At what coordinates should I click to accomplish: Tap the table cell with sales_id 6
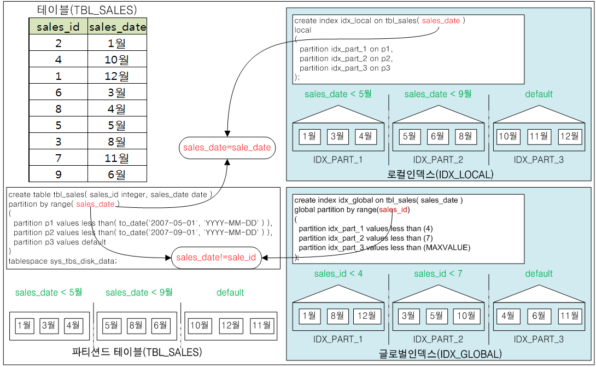click(x=58, y=92)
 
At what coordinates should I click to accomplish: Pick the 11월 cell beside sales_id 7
click(x=117, y=158)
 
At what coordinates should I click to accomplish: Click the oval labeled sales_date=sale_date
click(x=227, y=148)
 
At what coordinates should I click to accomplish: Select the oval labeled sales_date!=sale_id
click(x=216, y=258)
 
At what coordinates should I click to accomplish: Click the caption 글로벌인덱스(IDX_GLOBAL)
click(x=440, y=354)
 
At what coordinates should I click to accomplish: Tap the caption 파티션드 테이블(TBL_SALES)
click(x=137, y=352)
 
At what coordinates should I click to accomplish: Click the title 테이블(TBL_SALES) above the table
click(x=87, y=10)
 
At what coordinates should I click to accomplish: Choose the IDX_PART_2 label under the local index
click(x=438, y=160)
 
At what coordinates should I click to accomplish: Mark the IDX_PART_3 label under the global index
click(x=539, y=339)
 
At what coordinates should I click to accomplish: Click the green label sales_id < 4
click(x=338, y=273)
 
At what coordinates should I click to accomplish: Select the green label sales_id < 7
click(x=438, y=273)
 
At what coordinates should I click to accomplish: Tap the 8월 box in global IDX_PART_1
click(x=337, y=316)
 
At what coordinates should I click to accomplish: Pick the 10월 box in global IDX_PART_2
click(x=465, y=316)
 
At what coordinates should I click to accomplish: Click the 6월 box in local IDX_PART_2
click(x=437, y=136)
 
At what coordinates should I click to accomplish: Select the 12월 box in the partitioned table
click(x=230, y=325)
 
